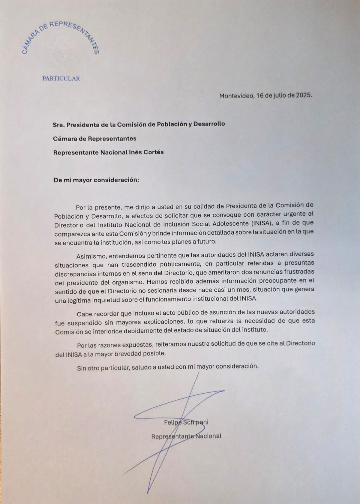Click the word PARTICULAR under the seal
[61, 79]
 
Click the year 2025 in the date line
[303, 96]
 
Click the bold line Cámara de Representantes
[94, 138]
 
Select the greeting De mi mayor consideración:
[96, 180]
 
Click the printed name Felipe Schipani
[186, 422]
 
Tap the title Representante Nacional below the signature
[186, 436]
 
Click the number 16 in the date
[260, 96]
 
